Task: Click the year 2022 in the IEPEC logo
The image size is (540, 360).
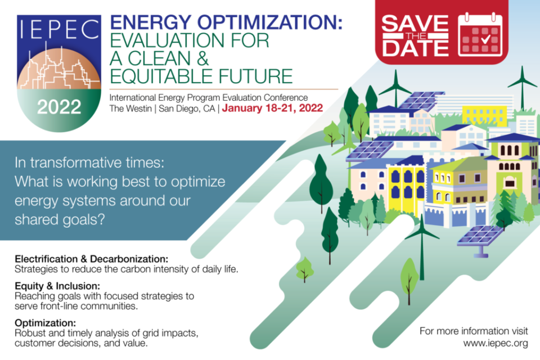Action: tap(59, 107)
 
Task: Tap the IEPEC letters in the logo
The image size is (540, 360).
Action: tap(59, 29)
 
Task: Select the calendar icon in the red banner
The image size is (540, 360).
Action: tap(480, 35)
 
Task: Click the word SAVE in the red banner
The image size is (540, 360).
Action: tap(415, 24)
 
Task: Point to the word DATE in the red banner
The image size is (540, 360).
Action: tap(415, 48)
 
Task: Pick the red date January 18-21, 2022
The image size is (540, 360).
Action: tap(272, 108)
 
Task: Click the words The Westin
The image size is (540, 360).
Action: tap(130, 109)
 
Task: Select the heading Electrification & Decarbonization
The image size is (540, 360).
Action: tap(92, 259)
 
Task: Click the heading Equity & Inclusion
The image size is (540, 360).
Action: tap(57, 286)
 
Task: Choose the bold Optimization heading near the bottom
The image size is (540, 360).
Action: tap(45, 323)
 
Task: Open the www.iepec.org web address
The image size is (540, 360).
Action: tap(495, 343)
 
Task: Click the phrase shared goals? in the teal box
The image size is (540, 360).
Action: tap(60, 219)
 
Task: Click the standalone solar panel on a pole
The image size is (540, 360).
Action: tap(480, 241)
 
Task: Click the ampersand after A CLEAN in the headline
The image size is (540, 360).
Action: tap(203, 58)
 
